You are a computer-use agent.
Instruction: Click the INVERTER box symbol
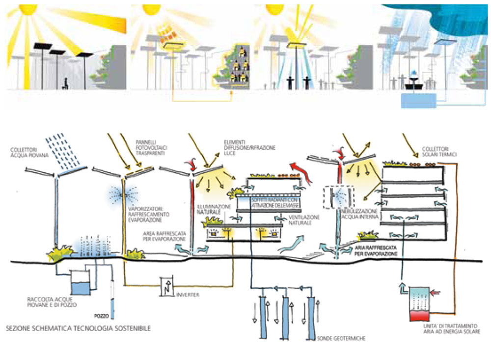167,285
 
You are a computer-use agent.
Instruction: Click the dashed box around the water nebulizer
338,197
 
